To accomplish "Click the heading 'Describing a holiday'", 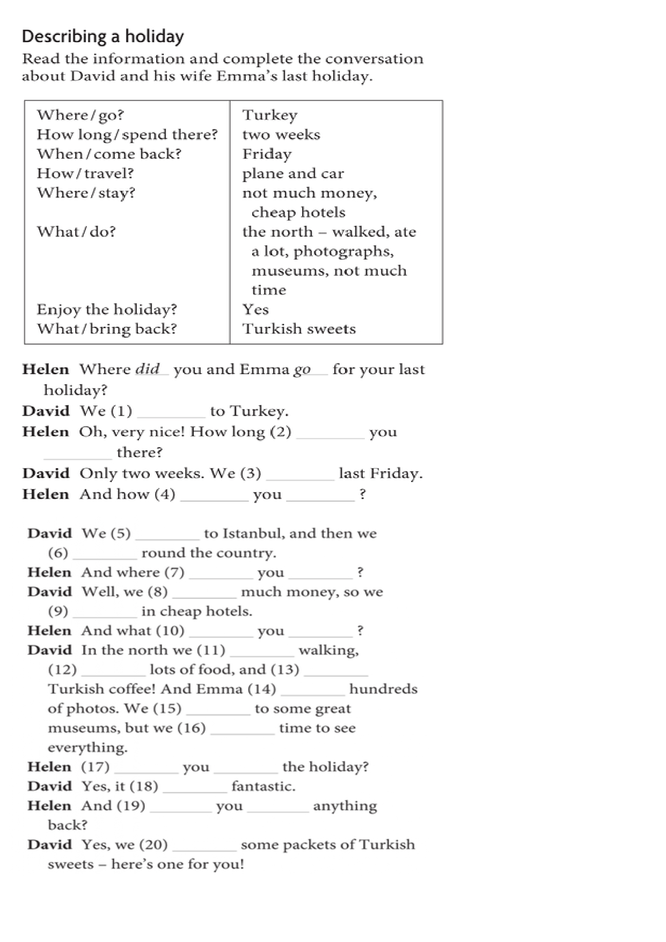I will coord(103,36).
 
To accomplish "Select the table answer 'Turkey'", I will coord(269,115).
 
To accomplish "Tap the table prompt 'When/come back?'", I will coord(109,154).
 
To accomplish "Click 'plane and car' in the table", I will coord(292,173).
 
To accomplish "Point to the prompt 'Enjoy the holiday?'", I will coord(107,310).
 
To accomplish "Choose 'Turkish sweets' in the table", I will coord(299,329).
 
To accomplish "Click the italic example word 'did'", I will coord(148,369).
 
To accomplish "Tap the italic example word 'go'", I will coord(302,370).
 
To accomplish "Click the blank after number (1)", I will coord(171,413).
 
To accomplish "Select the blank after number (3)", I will coord(300,475).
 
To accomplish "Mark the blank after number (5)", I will coord(167,535).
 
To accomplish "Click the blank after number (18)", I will coord(195,788).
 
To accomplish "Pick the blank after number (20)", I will coord(204,846).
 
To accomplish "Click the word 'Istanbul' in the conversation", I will coord(252,534).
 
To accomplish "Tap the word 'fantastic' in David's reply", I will coord(263,787).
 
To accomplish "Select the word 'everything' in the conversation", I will coord(87,748).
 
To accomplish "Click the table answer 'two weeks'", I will coord(281,135).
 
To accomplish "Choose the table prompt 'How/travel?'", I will coord(85,173).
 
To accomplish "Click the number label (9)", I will coord(58,611).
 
